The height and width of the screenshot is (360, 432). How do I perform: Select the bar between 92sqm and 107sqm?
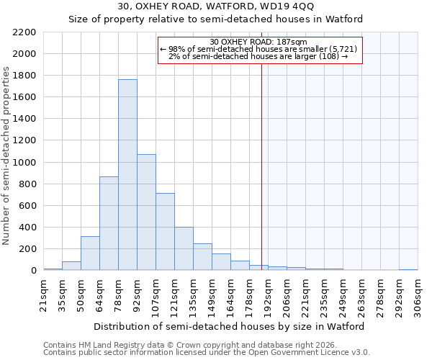click(146, 212)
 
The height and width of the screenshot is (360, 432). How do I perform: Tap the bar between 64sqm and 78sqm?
click(109, 223)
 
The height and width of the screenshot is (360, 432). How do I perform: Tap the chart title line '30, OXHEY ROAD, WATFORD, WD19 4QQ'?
click(215, 6)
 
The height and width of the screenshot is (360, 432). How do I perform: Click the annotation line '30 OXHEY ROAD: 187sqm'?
click(258, 42)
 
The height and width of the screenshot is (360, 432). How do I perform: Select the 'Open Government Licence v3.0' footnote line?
click(206, 353)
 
